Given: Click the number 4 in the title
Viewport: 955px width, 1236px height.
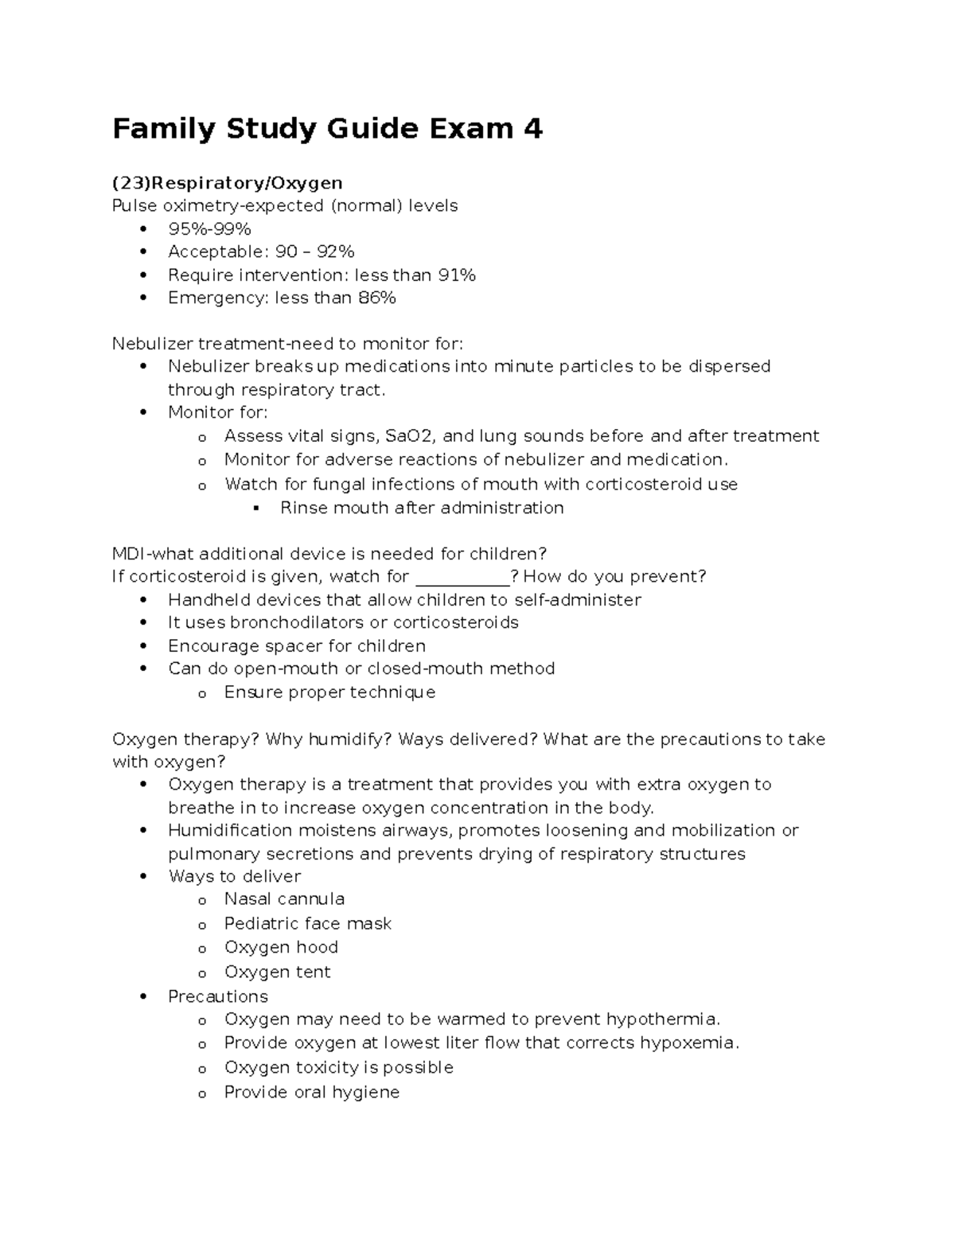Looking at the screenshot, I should pyautogui.click(x=532, y=128).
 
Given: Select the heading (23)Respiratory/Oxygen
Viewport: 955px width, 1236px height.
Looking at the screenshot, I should pyautogui.click(x=227, y=184).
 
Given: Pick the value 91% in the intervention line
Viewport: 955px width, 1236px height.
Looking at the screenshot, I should pyautogui.click(x=456, y=275).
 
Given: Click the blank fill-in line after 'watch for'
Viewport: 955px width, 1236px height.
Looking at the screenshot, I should pyautogui.click(x=462, y=578).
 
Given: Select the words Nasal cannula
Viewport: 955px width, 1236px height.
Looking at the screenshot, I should pyautogui.click(x=284, y=899).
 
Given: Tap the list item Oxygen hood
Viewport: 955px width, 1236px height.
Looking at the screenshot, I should pyautogui.click(x=281, y=947).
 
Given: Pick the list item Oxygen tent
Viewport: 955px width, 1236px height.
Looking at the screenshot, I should pyautogui.click(x=277, y=972).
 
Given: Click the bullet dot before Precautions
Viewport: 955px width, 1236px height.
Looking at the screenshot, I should pyautogui.click(x=143, y=996).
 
